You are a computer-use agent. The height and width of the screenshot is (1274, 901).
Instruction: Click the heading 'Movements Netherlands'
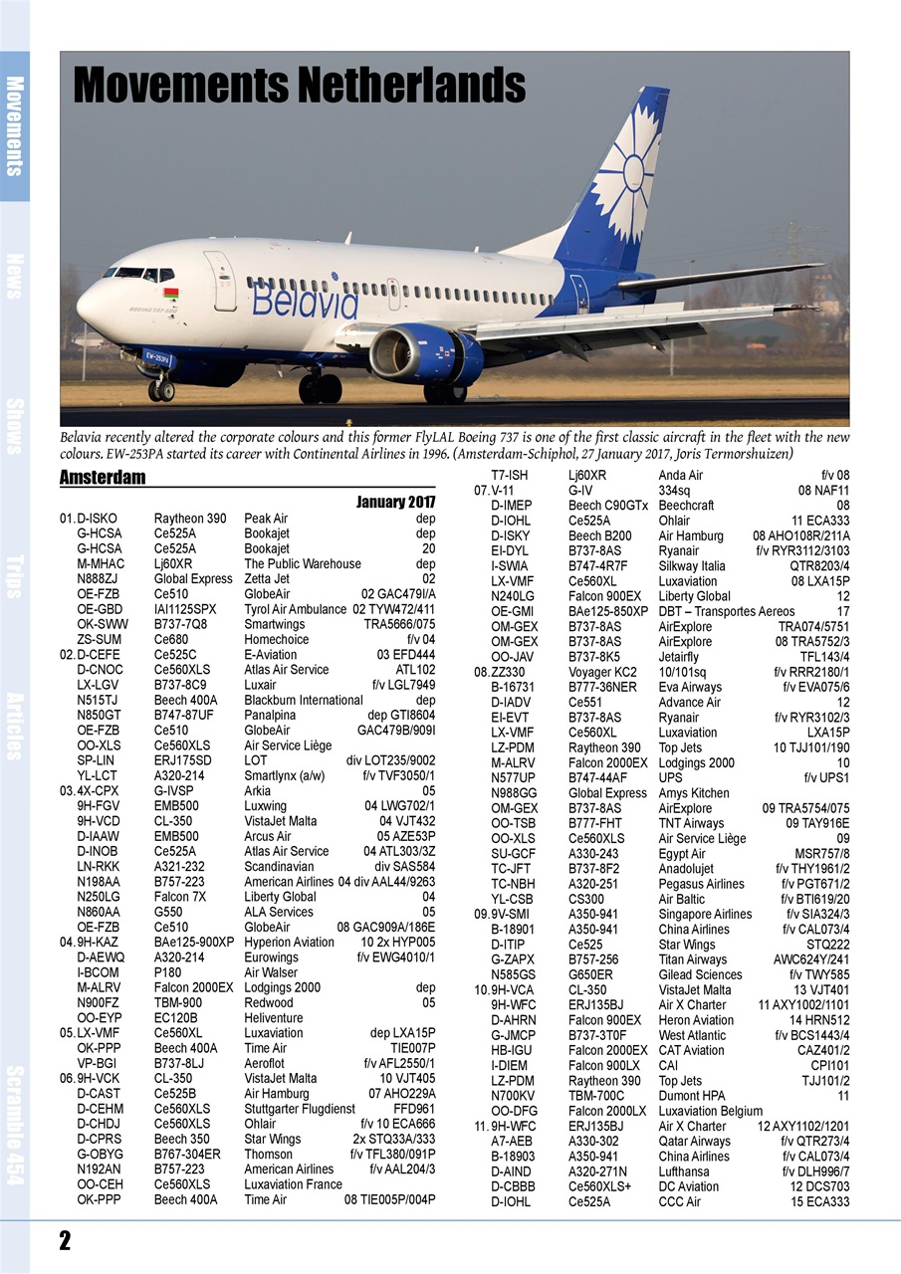click(299, 86)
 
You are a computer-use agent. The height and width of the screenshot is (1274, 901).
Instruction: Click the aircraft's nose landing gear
click(160, 389)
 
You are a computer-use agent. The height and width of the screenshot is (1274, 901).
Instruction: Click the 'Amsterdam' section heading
click(102, 478)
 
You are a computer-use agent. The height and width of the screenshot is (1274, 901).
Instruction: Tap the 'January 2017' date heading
click(395, 502)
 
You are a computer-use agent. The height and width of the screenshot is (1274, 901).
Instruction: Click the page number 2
click(65, 1240)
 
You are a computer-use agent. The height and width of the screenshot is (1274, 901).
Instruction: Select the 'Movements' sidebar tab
click(14, 125)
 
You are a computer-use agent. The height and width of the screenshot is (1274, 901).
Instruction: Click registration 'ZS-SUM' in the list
click(100, 639)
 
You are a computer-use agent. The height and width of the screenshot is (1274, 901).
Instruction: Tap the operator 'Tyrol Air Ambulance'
click(295, 608)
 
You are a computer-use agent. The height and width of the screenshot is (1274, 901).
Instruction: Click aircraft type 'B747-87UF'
click(186, 715)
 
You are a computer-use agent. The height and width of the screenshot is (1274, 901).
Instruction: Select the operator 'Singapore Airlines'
click(705, 914)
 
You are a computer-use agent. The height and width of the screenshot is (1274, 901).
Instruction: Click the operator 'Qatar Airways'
click(694, 1142)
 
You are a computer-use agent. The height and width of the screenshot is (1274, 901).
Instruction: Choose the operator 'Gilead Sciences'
click(700, 974)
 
